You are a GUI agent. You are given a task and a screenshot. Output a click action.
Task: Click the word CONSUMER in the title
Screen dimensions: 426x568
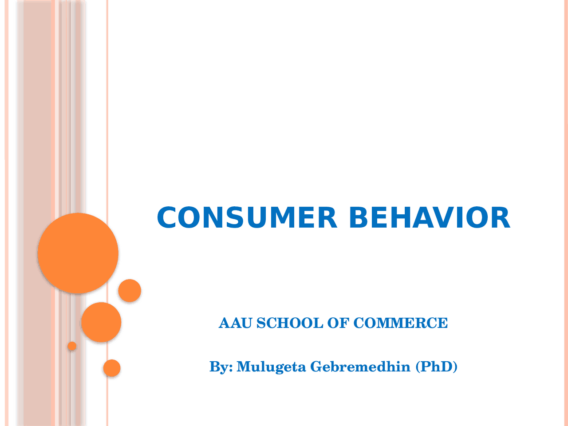point(247,218)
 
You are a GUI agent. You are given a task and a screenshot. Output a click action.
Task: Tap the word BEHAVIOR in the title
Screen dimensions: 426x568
point(429,218)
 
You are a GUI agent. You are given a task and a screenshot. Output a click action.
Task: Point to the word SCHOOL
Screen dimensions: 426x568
point(290,323)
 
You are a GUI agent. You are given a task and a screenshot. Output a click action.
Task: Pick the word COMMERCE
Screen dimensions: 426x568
point(400,323)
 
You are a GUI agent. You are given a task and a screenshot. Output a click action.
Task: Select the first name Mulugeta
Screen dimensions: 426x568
point(271,367)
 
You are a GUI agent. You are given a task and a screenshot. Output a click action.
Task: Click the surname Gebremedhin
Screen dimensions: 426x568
point(360,367)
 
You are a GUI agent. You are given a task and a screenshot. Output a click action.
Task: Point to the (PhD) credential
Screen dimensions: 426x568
point(437,367)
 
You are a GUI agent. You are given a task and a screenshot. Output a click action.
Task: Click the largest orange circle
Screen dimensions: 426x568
point(78,253)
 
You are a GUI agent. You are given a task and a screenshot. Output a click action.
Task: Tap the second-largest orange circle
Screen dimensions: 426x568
point(101,322)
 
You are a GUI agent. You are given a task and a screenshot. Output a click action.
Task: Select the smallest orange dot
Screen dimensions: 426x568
point(72,346)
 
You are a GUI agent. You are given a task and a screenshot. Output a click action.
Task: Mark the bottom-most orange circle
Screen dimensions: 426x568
point(112,368)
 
